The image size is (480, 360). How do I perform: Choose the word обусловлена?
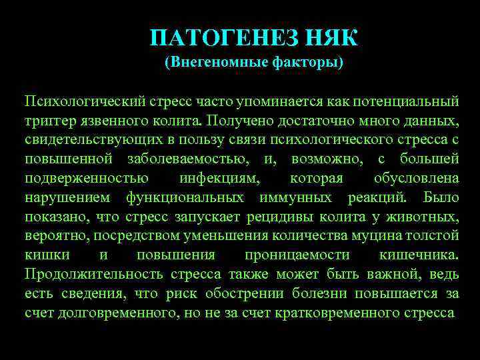click(417, 179)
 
